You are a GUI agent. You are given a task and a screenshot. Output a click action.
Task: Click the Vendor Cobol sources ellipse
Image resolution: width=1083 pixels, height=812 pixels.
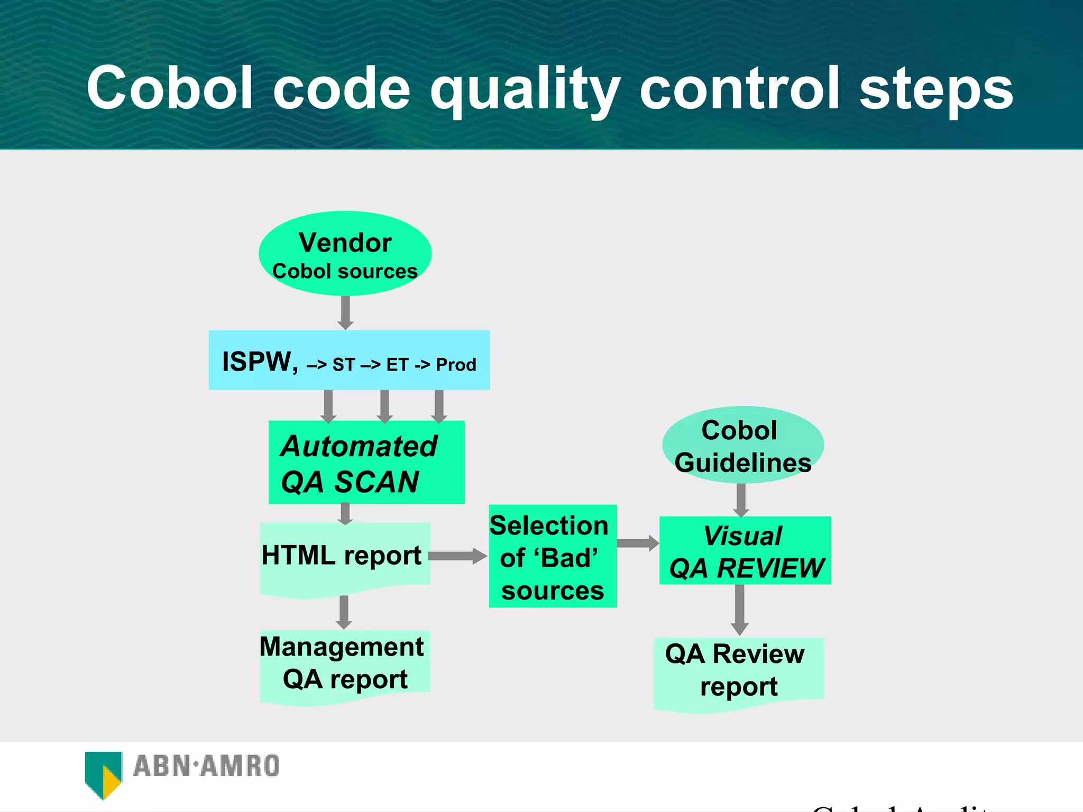click(x=345, y=254)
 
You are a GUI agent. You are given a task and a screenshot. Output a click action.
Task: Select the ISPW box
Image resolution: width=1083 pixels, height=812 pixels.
click(x=349, y=361)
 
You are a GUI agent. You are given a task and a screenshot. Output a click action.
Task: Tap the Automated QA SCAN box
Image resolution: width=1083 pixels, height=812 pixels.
click(x=366, y=463)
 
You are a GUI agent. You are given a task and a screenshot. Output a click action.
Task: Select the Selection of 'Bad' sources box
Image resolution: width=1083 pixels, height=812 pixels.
click(x=553, y=556)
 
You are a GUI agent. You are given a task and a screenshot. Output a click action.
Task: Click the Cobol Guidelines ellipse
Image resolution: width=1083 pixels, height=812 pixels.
click(x=742, y=445)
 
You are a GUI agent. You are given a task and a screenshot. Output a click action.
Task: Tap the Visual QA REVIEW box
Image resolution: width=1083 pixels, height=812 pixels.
click(x=745, y=551)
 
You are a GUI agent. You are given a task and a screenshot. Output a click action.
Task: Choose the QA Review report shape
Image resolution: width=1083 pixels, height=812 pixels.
click(x=738, y=671)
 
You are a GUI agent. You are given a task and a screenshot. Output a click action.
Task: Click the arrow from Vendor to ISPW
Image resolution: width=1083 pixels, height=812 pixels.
click(x=345, y=312)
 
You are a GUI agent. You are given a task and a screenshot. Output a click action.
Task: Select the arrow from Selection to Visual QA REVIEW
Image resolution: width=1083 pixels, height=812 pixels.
click(x=638, y=543)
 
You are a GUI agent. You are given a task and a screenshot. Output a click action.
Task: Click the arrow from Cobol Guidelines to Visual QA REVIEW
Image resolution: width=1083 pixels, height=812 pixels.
click(x=741, y=500)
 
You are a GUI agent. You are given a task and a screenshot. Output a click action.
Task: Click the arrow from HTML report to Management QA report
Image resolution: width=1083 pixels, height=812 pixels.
click(x=344, y=612)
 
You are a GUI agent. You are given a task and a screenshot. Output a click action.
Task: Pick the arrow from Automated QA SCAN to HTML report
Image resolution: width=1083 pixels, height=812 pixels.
click(x=345, y=513)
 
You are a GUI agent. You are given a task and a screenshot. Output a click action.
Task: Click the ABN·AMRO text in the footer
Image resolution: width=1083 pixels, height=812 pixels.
click(x=206, y=767)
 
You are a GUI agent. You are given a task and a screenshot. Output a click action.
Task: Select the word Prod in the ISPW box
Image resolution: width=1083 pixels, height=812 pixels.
click(x=456, y=365)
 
